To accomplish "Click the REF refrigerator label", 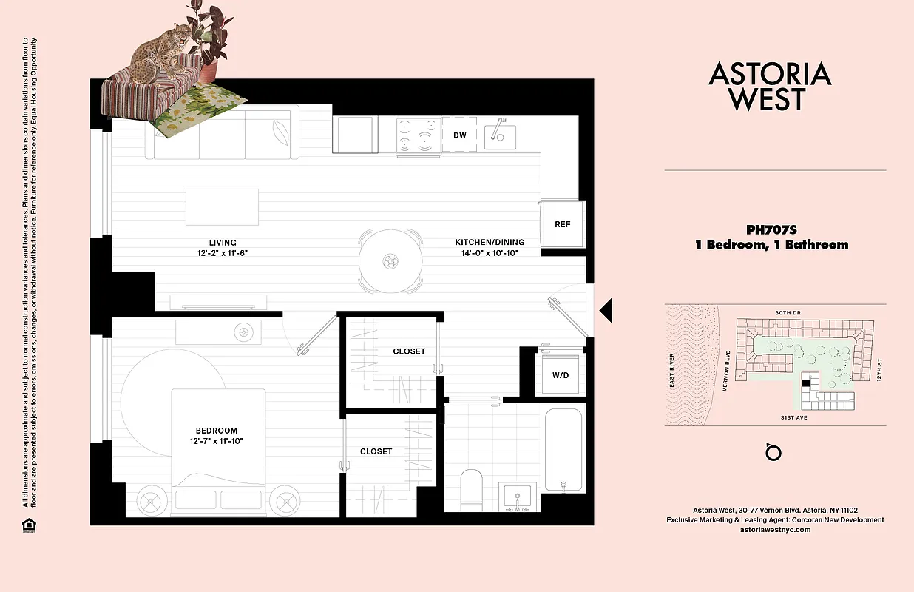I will point(563,224).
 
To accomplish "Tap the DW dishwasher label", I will point(459,135).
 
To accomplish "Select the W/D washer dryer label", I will point(561,375).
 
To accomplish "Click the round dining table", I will point(390,260).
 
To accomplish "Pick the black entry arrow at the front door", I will point(606,310).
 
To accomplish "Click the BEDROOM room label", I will point(217,431).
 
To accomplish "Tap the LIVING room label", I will point(222,243).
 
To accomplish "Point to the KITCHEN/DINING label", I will point(490,243).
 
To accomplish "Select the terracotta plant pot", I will point(209,71).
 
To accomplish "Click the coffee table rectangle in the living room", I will point(222,207).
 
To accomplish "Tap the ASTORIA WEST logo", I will point(770,86).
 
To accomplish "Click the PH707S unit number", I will point(771,229).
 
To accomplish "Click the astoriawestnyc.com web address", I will point(775,530).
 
